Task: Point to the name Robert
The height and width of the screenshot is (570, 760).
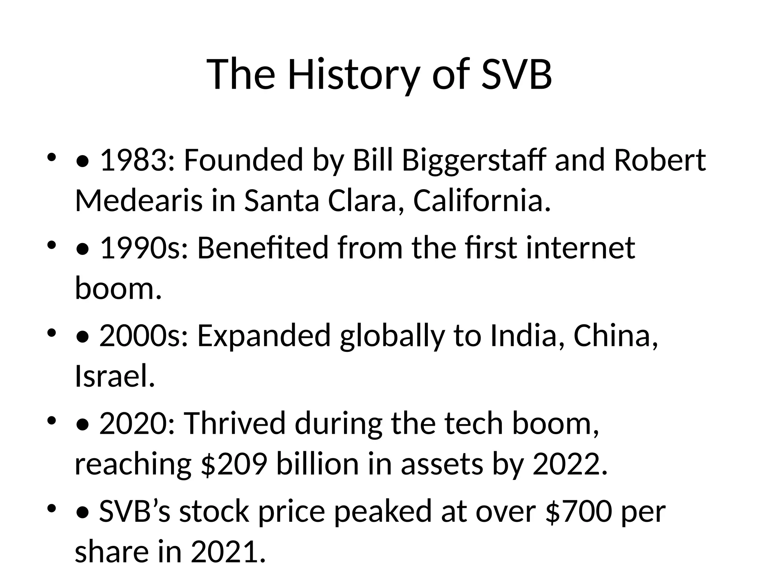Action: (x=660, y=161)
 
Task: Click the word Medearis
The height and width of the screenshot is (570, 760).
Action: (x=139, y=201)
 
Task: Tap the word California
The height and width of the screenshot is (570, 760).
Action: (x=481, y=201)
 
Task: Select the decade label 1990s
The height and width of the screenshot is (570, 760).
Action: (x=144, y=248)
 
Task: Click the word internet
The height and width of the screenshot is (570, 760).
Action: (x=580, y=248)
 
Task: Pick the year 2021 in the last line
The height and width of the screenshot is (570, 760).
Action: (x=228, y=552)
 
